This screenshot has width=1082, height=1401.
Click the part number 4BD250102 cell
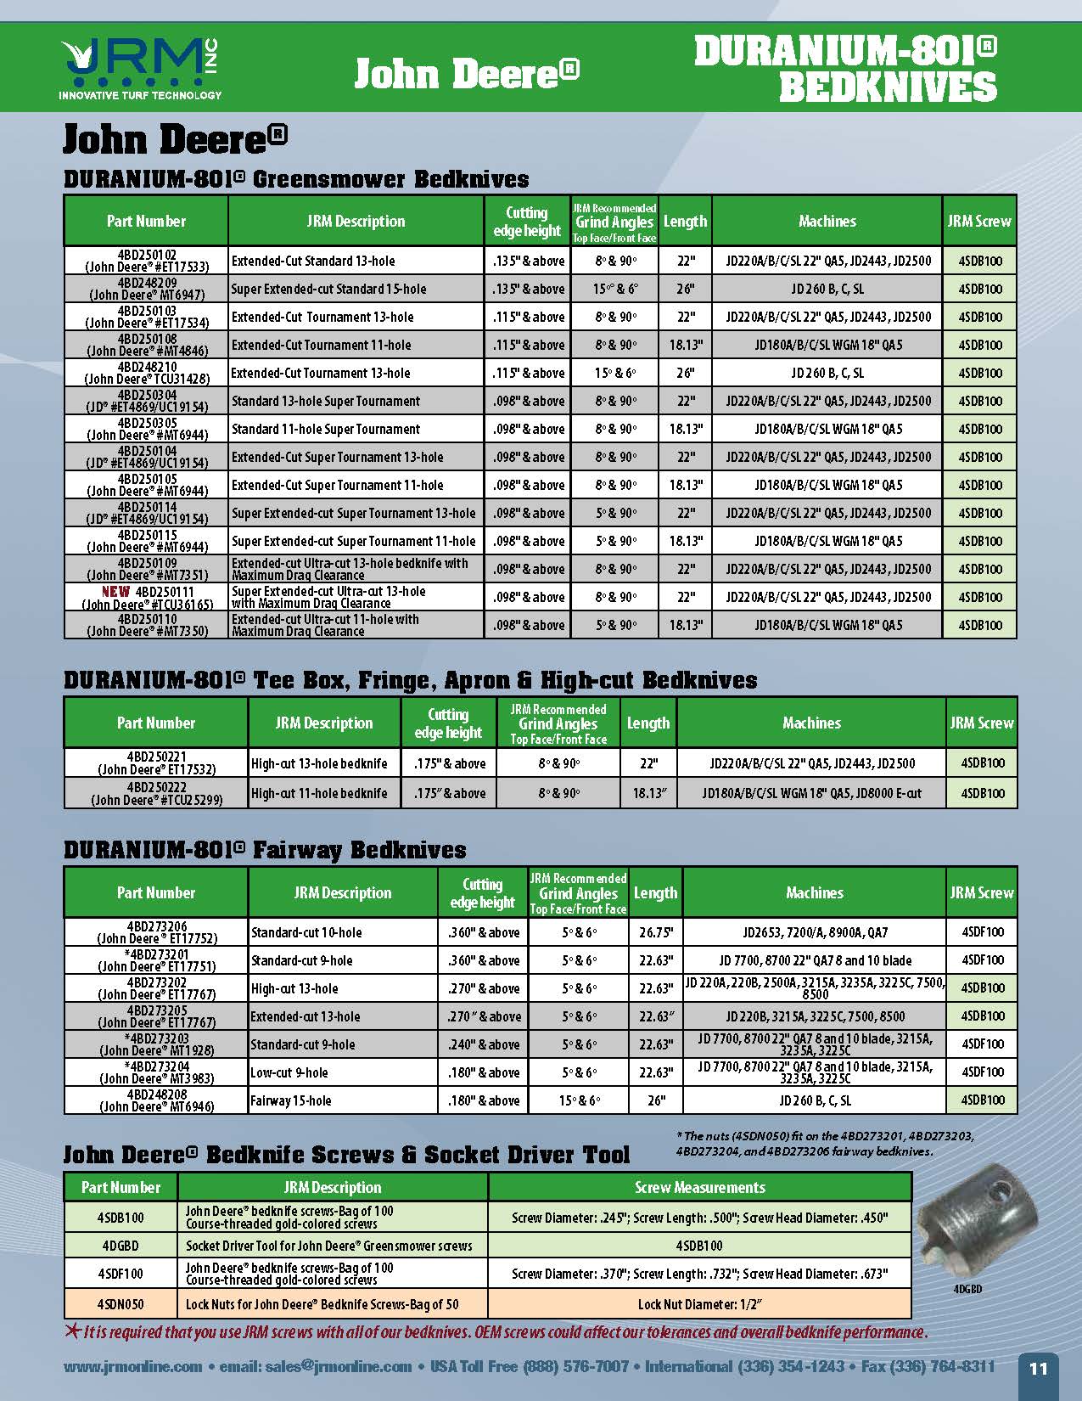click(x=147, y=261)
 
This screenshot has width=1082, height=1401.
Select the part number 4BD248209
click(x=147, y=289)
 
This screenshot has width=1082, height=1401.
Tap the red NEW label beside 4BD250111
click(x=116, y=591)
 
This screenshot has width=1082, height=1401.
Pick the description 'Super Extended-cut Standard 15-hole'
click(x=329, y=289)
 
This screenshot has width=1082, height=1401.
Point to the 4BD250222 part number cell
click(x=156, y=793)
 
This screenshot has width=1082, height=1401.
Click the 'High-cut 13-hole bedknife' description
click(x=319, y=763)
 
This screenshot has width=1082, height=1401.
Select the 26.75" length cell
click(x=655, y=932)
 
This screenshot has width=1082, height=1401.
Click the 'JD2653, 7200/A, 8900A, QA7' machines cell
click(x=815, y=932)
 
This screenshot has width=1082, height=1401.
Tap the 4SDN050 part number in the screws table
click(x=121, y=1304)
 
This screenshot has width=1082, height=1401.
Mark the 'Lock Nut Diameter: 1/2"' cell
click(x=699, y=1304)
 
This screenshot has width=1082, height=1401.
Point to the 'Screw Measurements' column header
click(x=699, y=1187)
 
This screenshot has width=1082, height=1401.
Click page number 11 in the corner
click(x=1038, y=1369)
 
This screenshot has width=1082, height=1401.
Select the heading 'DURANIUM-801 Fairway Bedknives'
click(x=265, y=850)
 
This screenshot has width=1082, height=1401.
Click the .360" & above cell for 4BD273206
click(x=484, y=932)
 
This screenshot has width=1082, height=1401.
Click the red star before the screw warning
click(x=73, y=1331)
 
